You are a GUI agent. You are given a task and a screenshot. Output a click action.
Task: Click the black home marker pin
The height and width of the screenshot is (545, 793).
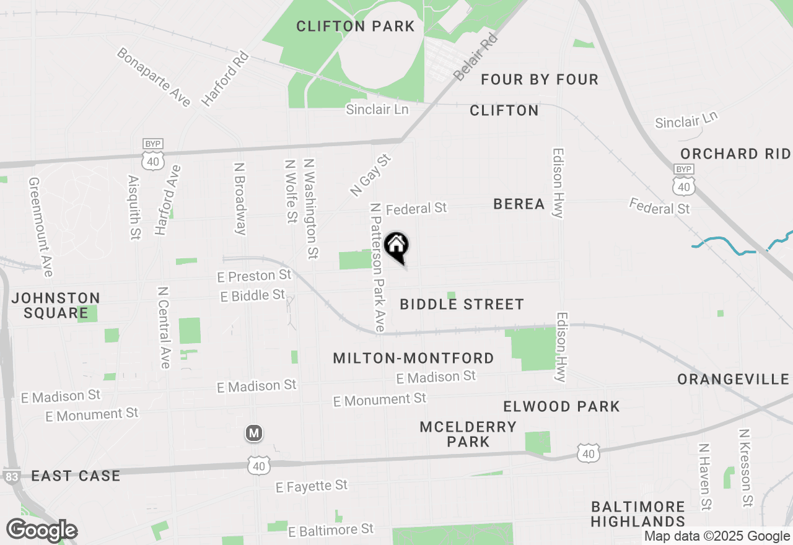tap(396, 246)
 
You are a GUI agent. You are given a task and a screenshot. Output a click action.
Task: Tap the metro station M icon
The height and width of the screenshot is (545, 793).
tap(253, 433)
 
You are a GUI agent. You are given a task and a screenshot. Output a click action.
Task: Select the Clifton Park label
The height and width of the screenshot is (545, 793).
tap(355, 26)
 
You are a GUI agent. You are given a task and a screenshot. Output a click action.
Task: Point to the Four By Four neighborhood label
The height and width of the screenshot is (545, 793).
tap(540, 79)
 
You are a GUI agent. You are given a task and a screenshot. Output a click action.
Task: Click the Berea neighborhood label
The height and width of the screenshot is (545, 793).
tap(519, 204)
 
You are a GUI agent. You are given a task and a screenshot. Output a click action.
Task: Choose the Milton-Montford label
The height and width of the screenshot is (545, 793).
tap(413, 358)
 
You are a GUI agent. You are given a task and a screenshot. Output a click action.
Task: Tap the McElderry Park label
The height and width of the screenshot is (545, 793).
tap(468, 434)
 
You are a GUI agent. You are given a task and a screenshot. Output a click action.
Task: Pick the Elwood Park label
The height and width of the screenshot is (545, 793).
tap(561, 406)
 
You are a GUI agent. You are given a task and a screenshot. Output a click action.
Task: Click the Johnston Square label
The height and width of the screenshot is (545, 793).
tap(56, 305)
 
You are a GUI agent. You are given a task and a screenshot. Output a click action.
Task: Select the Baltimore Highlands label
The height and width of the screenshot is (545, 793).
tap(637, 514)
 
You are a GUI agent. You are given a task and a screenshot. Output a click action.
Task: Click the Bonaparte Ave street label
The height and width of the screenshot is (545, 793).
tap(153, 77)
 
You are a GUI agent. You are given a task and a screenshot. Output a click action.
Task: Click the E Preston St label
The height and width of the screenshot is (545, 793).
tap(254, 275)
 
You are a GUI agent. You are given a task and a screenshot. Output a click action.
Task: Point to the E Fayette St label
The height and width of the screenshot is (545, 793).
tap(312, 486)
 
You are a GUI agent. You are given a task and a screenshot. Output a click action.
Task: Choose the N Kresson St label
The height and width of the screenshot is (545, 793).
tap(747, 468)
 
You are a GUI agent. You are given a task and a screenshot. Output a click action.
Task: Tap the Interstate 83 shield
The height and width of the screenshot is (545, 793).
tap(11, 477)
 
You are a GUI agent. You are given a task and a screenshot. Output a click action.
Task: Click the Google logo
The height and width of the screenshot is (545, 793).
tap(42, 531)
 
